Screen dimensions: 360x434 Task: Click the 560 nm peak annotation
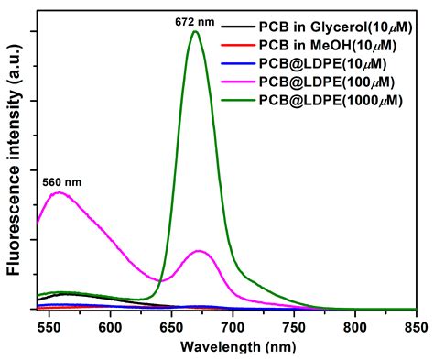pyautogui.click(x=62, y=181)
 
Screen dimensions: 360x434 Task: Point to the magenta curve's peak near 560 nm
pyautogui.click(x=59, y=193)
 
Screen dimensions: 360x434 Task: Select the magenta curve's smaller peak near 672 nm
pyautogui.click(x=200, y=251)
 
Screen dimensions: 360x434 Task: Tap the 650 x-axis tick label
pyautogui.click(x=171, y=325)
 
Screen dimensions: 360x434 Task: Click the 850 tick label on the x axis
pyautogui.click(x=415, y=325)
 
